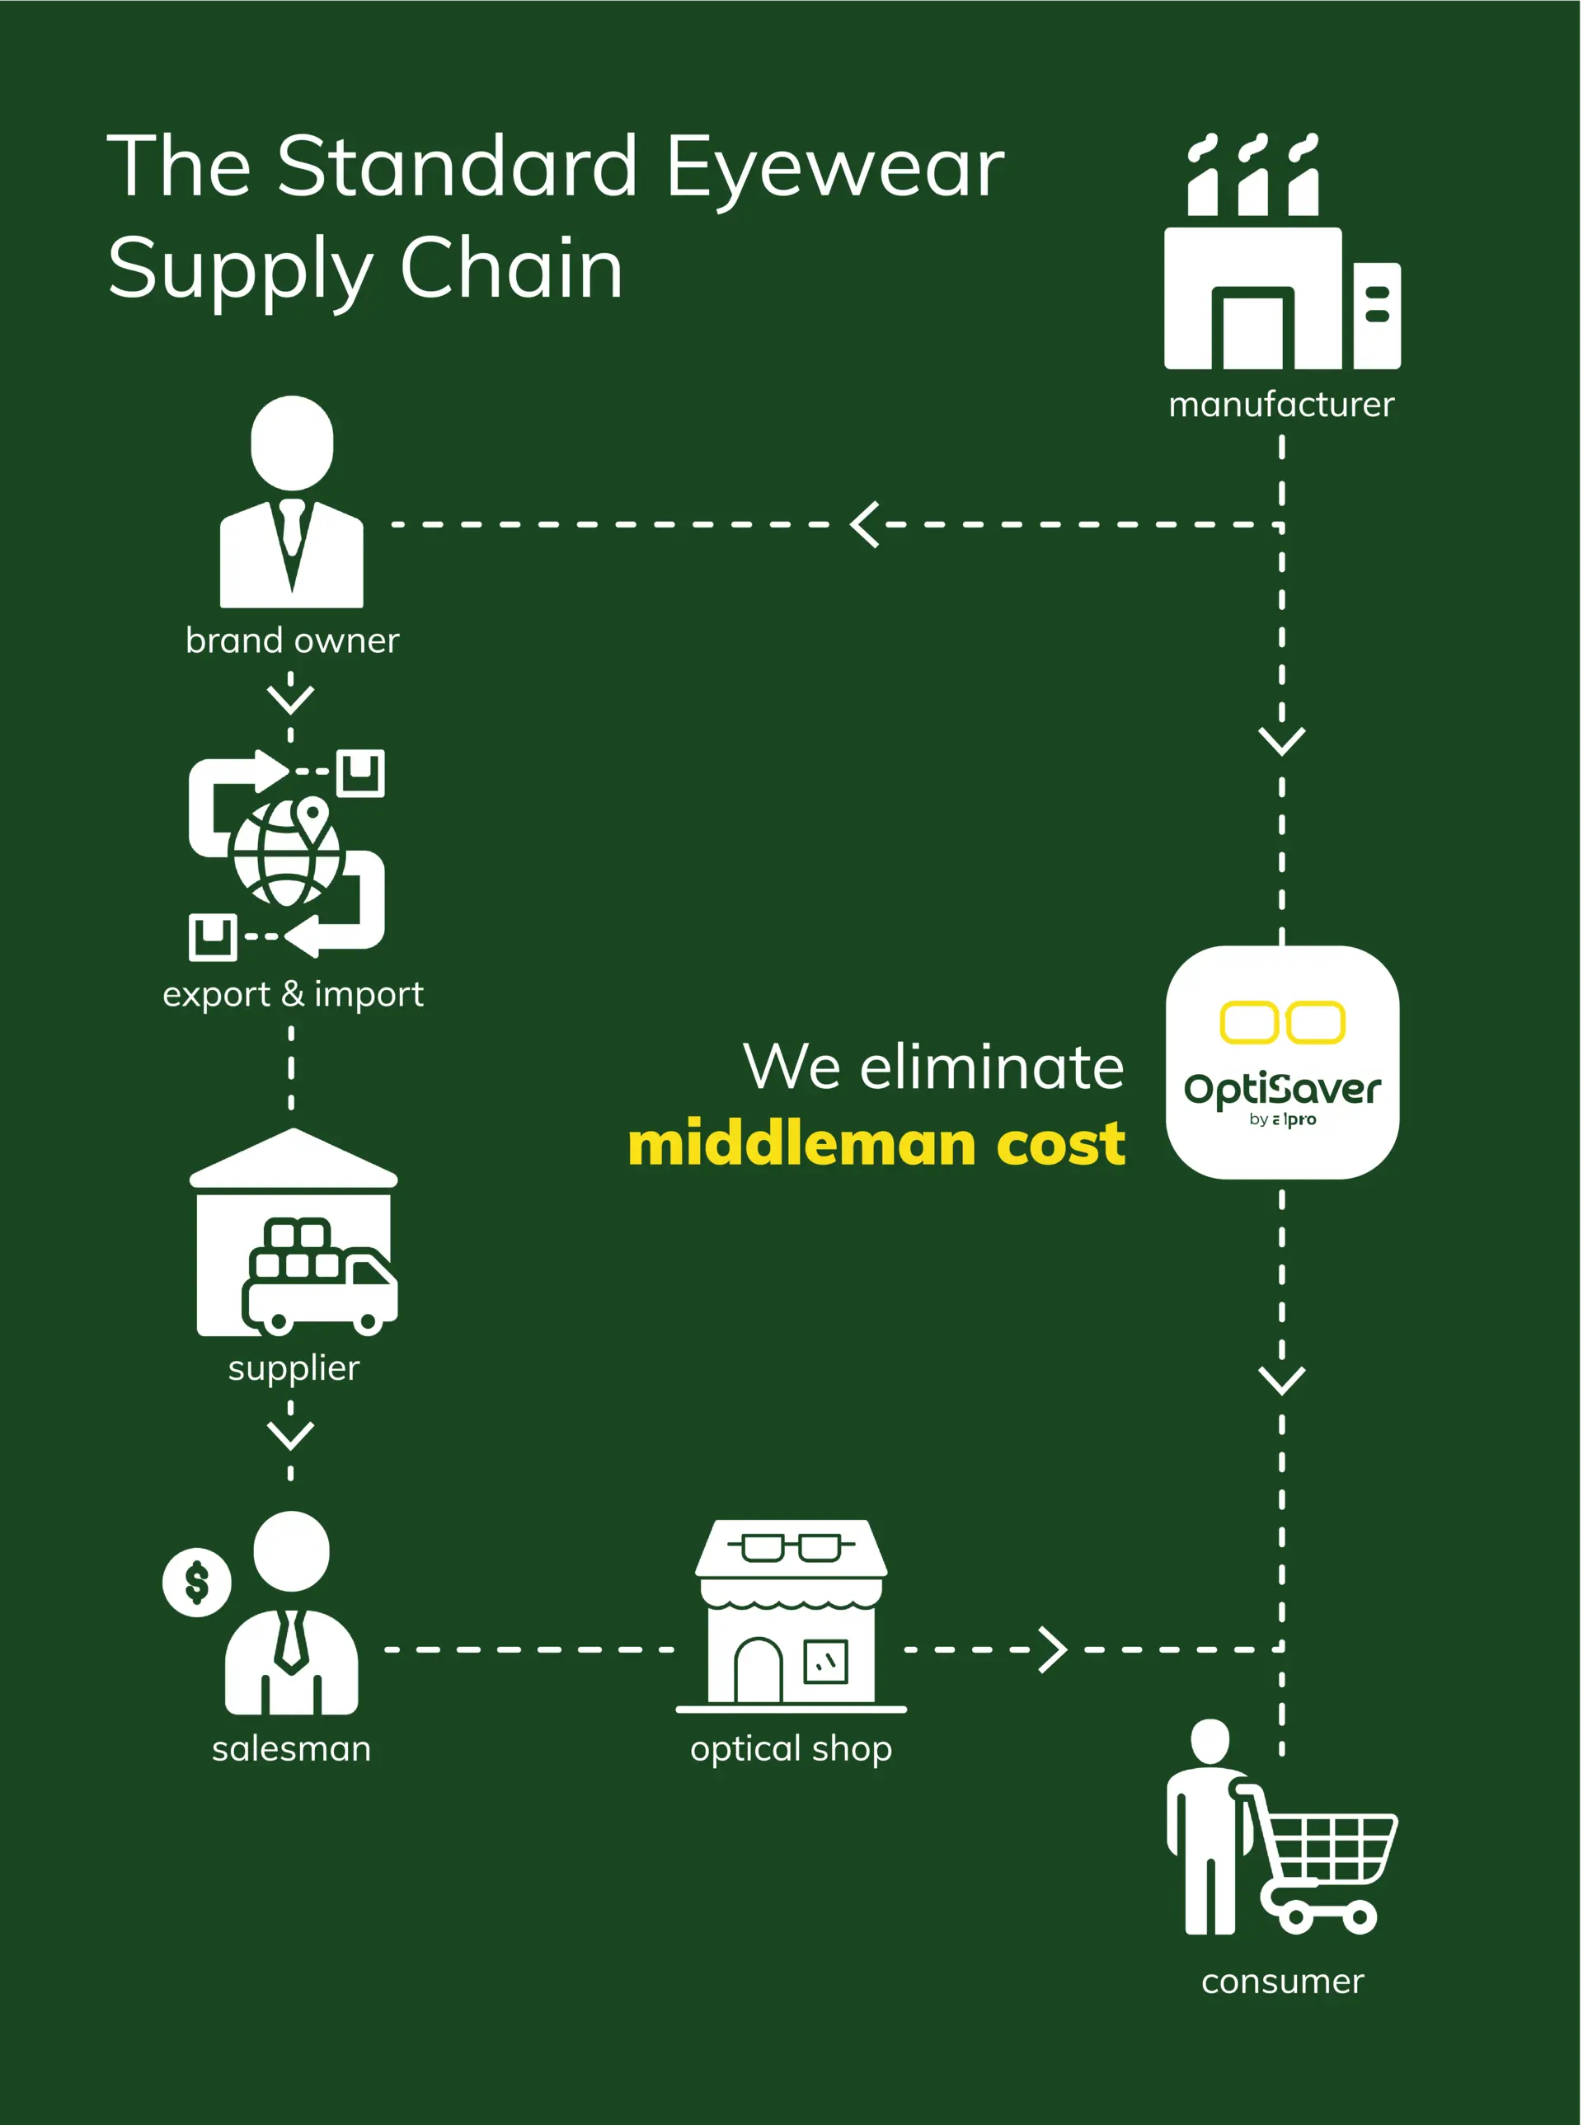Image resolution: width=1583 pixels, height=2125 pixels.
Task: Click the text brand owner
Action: (292, 640)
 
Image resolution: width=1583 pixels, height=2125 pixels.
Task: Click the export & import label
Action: (292, 994)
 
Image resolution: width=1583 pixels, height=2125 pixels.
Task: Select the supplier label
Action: (294, 1368)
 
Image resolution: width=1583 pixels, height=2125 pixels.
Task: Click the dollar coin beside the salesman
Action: (196, 1582)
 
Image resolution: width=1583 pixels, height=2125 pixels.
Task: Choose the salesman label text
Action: (291, 1748)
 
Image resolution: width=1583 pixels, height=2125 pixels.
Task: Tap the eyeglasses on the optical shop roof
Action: (791, 1546)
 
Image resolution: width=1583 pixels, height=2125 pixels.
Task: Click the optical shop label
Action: (791, 1748)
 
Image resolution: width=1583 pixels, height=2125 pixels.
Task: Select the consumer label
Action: (1282, 1982)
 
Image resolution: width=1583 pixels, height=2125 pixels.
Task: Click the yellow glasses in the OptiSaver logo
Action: (1282, 1022)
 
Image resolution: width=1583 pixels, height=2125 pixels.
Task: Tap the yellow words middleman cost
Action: (876, 1144)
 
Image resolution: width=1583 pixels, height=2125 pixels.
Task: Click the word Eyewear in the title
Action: (834, 167)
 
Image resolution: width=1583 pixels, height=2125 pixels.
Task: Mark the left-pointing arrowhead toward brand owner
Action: (865, 524)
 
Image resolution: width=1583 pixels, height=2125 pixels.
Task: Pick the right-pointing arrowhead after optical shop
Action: (1053, 1649)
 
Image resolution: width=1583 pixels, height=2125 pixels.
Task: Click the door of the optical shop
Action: (758, 1671)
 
